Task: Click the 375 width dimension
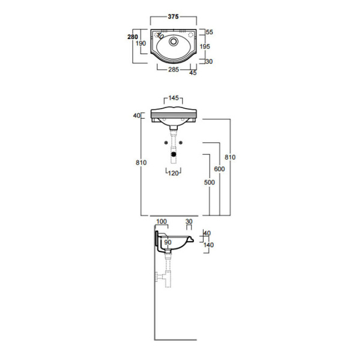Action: pos(173,17)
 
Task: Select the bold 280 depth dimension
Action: pos(133,37)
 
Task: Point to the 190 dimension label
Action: pos(141,43)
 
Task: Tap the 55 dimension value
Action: pos(209,32)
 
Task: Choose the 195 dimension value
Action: pos(205,46)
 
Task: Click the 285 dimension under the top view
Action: pos(174,70)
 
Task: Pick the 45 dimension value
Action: pos(193,73)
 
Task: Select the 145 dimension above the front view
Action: pos(174,98)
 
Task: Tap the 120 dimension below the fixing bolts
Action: pos(174,173)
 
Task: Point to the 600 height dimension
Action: pos(219,169)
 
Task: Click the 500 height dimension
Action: pos(209,182)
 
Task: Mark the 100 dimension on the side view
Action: pos(162,221)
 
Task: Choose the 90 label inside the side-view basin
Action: pos(168,242)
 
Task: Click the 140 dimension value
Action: pos(208,245)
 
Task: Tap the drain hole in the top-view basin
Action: pos(174,41)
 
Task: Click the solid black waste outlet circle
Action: pos(174,154)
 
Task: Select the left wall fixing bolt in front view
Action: pos(166,143)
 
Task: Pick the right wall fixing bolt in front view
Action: pos(181,143)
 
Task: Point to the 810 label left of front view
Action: pos(141,163)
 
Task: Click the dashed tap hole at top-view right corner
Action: pos(190,35)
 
